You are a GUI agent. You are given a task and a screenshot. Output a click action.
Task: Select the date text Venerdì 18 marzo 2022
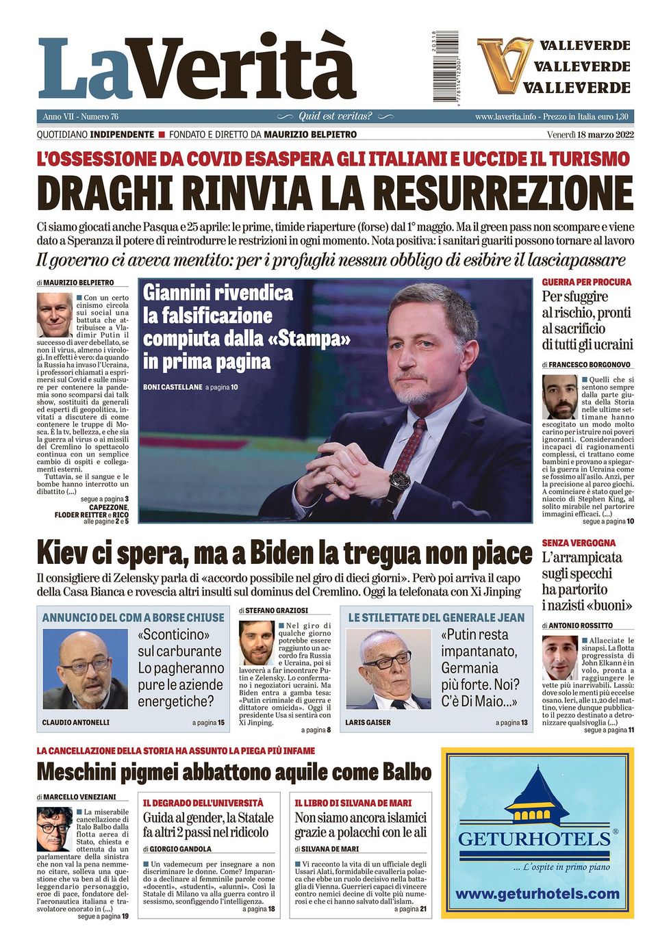(590, 134)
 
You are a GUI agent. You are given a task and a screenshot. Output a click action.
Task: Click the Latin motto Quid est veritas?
(335, 116)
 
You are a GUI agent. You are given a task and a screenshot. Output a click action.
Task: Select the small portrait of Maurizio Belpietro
(54, 316)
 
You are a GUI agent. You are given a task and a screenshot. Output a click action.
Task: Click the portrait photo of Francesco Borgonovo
(559, 397)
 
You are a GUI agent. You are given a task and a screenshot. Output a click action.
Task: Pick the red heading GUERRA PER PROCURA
(586, 282)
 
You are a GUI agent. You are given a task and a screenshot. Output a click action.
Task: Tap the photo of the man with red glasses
(85, 669)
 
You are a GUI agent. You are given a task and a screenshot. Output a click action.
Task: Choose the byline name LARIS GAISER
(368, 722)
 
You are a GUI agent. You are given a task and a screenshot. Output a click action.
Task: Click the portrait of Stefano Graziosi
(256, 644)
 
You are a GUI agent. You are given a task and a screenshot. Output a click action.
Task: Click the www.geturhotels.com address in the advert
(537, 894)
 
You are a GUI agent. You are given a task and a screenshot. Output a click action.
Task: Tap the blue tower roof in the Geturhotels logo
(537, 788)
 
